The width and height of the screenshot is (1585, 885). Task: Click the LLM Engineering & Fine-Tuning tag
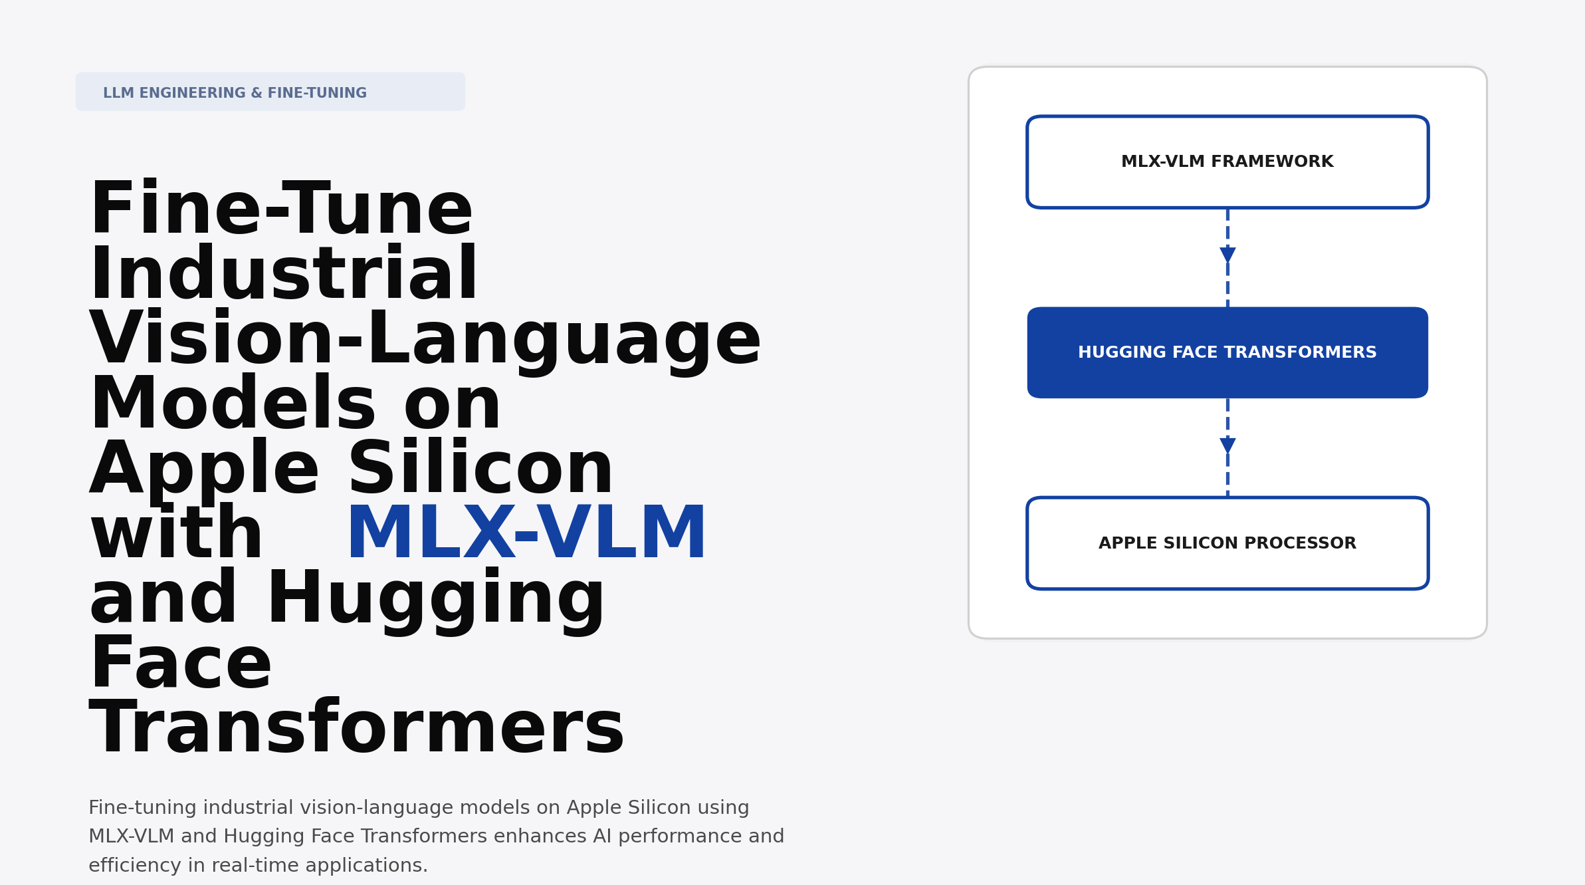click(x=270, y=92)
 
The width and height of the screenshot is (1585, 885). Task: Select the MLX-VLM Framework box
click(x=1227, y=162)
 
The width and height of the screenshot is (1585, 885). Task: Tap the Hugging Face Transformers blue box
click(x=1227, y=352)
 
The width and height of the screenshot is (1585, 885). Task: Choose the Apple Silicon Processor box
click(x=1227, y=543)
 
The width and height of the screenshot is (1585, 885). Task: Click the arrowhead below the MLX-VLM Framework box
click(x=1227, y=255)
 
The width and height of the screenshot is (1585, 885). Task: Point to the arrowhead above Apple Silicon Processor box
click(x=1227, y=445)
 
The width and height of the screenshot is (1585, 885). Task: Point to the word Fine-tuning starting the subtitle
click(x=143, y=807)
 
